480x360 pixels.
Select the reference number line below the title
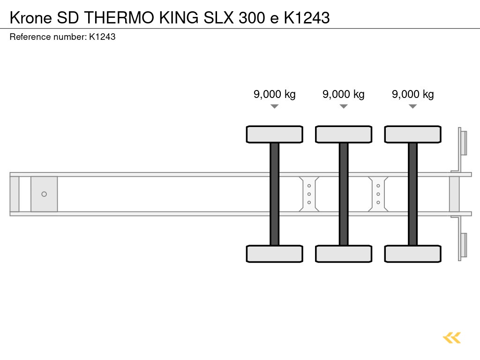[62, 37]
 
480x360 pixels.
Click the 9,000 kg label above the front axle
[275, 94]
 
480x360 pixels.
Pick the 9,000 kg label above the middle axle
[344, 94]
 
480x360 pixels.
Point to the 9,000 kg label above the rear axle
[413, 94]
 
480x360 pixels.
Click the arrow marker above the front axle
[275, 106]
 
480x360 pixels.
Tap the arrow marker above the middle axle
[344, 106]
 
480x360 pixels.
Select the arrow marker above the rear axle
[412, 106]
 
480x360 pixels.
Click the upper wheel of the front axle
[275, 135]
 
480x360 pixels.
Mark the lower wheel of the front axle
[275, 254]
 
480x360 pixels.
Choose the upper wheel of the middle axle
[344, 135]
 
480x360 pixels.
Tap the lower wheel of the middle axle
[344, 254]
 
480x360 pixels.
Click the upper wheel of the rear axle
[412, 135]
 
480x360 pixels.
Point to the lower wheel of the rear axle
[412, 254]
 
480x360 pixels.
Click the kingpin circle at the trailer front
[44, 194]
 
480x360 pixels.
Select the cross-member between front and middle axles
[309, 194]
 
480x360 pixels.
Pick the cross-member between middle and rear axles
[378, 194]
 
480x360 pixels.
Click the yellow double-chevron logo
[452, 337]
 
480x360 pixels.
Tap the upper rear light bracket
[463, 142]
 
